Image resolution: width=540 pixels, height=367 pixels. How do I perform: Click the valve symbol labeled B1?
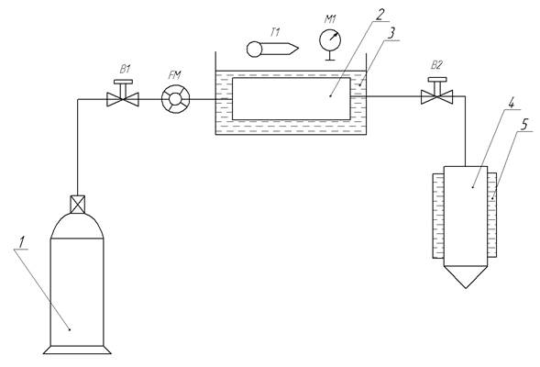pyautogui.click(x=123, y=99)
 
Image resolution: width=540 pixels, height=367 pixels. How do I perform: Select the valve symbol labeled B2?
pyautogui.click(x=436, y=96)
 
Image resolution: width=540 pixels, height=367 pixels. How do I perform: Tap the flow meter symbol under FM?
pyautogui.click(x=176, y=99)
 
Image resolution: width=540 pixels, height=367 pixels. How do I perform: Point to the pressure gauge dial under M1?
pyautogui.click(x=330, y=40)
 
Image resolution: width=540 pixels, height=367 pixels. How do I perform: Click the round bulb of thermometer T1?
pyautogui.click(x=255, y=49)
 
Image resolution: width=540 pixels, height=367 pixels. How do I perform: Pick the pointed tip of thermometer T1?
pyautogui.click(x=298, y=49)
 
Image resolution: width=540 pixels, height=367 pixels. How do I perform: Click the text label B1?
pyautogui.click(x=125, y=69)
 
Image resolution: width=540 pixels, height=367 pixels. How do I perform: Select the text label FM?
pyautogui.click(x=175, y=74)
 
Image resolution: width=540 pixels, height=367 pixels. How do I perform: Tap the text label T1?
pyautogui.click(x=275, y=33)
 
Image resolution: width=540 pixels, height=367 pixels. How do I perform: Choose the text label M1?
pyautogui.click(x=330, y=19)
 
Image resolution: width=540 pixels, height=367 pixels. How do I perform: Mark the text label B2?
pyautogui.click(x=436, y=65)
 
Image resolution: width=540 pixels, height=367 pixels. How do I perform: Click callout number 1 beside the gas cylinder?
pyautogui.click(x=21, y=242)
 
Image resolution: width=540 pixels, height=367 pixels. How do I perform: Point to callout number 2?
pyautogui.click(x=380, y=15)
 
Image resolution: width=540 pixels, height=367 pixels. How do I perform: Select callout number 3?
pyautogui.click(x=391, y=33)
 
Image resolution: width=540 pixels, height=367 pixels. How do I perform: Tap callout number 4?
pyautogui.click(x=512, y=103)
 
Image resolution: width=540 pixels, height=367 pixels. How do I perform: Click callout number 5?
pyautogui.click(x=523, y=124)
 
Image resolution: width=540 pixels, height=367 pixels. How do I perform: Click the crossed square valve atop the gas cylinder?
pyautogui.click(x=78, y=205)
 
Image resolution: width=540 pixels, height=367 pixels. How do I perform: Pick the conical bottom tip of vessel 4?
pyautogui.click(x=466, y=288)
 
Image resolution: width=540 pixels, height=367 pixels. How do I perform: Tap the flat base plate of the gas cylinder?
pyautogui.click(x=77, y=350)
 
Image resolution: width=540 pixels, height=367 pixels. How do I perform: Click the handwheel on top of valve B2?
pyautogui.click(x=436, y=80)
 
